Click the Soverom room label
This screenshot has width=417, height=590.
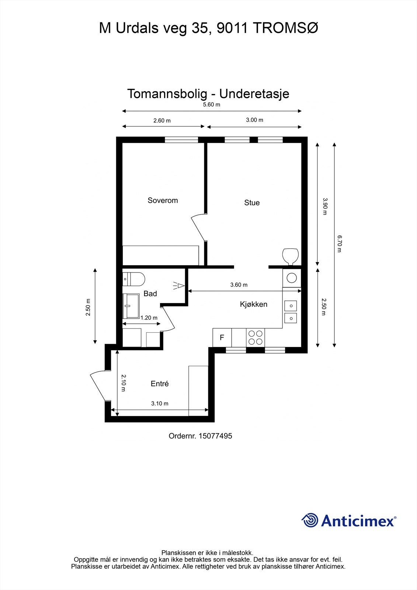pos(163,201)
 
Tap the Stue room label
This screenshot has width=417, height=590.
pos(252,202)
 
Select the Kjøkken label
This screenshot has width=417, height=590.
pos(253,304)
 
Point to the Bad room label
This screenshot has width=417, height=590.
pos(150,294)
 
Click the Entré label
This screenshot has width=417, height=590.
pos(160,383)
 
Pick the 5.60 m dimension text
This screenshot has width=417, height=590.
pos(212,105)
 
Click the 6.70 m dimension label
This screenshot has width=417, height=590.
pos(340,244)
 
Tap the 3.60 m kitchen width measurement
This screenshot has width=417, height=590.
pos(239,285)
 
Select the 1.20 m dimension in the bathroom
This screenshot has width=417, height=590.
pos(149,318)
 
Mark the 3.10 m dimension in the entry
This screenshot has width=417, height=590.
pos(160,403)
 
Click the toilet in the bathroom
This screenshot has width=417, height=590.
pos(134,279)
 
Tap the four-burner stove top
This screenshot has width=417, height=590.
pos(256,337)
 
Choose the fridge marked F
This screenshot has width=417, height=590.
pos(222,337)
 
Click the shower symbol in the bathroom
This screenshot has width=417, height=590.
pos(179,285)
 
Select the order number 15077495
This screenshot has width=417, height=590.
pos(215,436)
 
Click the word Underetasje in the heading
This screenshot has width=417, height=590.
pos(254,94)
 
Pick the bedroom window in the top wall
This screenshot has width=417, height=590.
pos(181,140)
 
